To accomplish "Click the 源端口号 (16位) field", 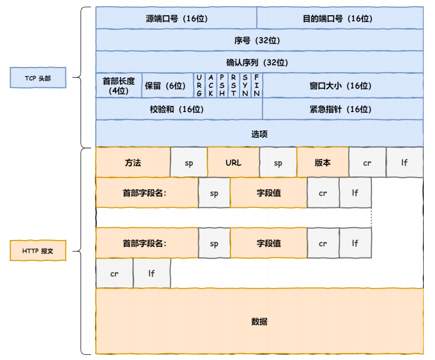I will tap(176, 18).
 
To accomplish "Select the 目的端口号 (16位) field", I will tap(340, 18).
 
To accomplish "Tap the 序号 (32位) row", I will tap(259, 40).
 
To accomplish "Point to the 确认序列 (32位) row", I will tap(259, 62).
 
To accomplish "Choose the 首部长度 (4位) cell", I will tap(118, 86).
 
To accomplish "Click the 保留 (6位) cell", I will tap(167, 86).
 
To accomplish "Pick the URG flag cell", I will tap(199, 86).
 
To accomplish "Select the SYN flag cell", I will tap(245, 86).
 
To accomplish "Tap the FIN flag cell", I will tap(256, 86).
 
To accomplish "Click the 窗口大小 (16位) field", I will tap(343, 86).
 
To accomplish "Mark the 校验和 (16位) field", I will tap(179, 109).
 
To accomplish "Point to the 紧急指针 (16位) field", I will tap(343, 109).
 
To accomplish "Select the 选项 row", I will tap(259, 134).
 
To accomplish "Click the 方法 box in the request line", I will tap(133, 162).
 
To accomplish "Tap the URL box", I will tap(233, 162).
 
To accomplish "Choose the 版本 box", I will tap(322, 162).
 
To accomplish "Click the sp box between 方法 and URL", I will tap(189, 162).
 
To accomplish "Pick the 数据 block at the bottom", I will tap(259, 322).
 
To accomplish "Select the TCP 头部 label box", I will tap(38, 78).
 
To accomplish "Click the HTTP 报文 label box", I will tap(38, 250).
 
